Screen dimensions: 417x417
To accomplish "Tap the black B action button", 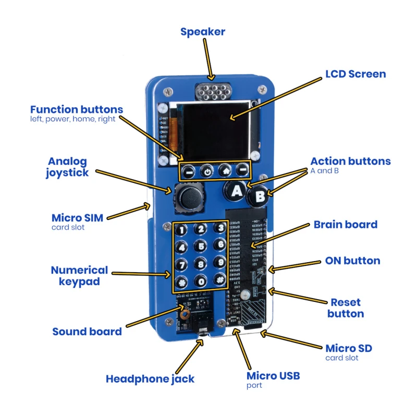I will (x=259, y=197).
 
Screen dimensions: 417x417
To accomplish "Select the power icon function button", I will (x=207, y=170).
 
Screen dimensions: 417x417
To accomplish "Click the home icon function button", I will (x=225, y=170).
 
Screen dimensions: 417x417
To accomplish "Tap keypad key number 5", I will (x=200, y=246).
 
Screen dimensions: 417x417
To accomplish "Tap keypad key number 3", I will (x=220, y=228).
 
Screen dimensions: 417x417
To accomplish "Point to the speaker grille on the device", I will (x=211, y=93).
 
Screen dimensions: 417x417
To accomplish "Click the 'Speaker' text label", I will (x=203, y=32).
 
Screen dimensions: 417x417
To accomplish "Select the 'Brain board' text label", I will (x=345, y=225).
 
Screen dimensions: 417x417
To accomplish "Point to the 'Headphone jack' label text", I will (x=150, y=379).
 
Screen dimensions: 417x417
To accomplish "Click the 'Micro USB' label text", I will (x=273, y=375).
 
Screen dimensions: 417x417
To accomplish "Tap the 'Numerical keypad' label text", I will (x=79, y=276).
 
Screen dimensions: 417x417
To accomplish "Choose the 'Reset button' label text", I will (x=346, y=308).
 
